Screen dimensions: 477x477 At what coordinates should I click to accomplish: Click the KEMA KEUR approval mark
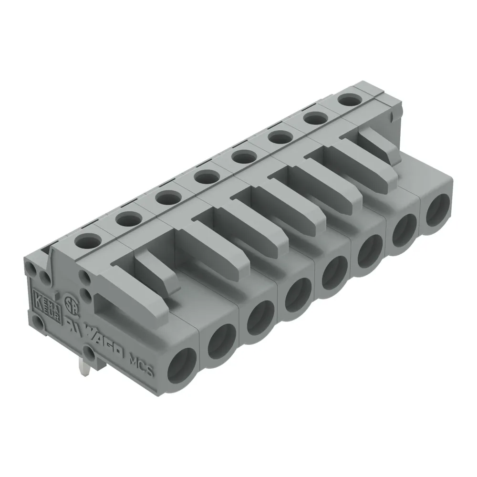[46, 303]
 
